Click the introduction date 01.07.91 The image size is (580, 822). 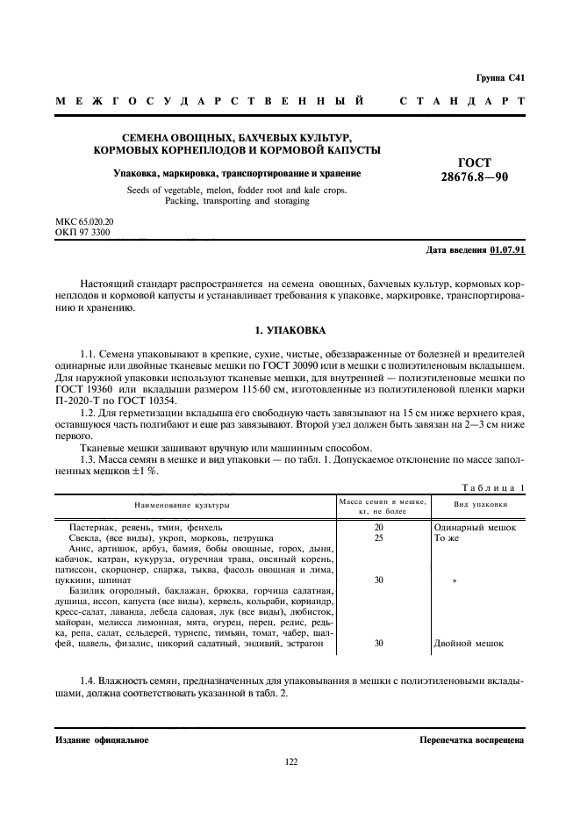point(507,250)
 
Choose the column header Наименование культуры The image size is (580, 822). point(182,506)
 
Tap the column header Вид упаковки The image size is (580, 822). point(480,506)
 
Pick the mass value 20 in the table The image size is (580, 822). point(379,527)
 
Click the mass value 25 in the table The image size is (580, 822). point(379,537)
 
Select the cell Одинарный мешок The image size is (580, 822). point(475,527)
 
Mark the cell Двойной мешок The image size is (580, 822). point(469,643)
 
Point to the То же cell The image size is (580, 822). point(447,537)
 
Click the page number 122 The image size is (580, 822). point(290,761)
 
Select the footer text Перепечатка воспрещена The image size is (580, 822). point(471,740)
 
